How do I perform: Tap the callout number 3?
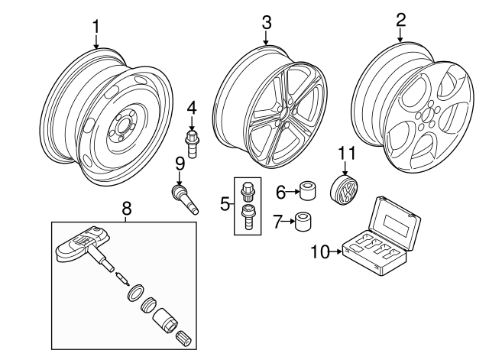coord(266,23)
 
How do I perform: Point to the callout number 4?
coord(192,107)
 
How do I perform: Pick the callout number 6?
coord(280,191)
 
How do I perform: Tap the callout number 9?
coord(180,163)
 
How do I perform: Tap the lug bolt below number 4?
coord(193,141)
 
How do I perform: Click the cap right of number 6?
coord(308,190)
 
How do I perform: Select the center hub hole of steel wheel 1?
coord(121,128)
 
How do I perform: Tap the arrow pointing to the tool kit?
coord(337,250)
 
